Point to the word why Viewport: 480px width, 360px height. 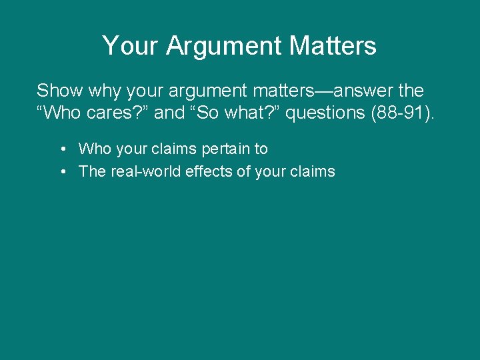[x=103, y=91]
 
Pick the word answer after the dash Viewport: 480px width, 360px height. [x=345, y=91]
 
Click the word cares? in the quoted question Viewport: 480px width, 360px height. [x=118, y=113]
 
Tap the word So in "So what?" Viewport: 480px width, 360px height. [x=205, y=113]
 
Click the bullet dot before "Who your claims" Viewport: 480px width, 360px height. [x=61, y=149]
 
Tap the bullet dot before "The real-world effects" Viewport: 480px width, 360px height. [x=61, y=171]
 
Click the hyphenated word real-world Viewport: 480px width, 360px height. [x=143, y=171]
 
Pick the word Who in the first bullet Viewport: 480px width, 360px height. [x=93, y=149]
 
